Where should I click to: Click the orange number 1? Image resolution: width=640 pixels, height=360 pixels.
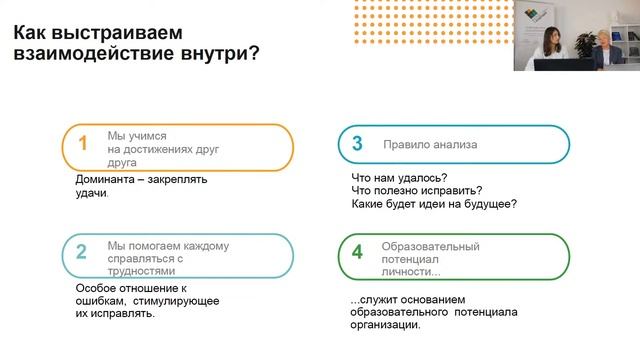pyautogui.click(x=83, y=144)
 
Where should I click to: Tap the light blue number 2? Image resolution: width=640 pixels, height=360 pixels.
pyautogui.click(x=83, y=251)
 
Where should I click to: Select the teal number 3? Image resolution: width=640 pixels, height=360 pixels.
pyautogui.click(x=356, y=144)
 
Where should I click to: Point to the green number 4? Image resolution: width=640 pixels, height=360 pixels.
pyautogui.click(x=356, y=252)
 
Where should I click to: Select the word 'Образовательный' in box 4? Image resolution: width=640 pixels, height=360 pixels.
pyautogui.click(x=431, y=246)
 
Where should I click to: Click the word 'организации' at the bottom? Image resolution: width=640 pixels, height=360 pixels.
pyautogui.click(x=386, y=325)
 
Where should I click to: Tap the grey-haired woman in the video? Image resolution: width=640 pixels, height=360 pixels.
pyautogui.click(x=610, y=48)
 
